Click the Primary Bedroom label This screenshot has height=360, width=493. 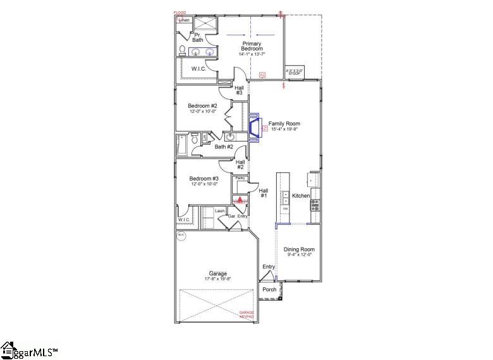point(251,46)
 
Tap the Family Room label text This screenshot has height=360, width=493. point(284,124)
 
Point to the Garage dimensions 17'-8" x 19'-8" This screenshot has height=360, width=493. point(218,279)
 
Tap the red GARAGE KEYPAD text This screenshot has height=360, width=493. point(246,314)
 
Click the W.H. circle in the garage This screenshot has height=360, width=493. point(181,236)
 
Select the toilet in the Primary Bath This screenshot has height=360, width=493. point(182,52)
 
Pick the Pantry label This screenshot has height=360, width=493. point(240,179)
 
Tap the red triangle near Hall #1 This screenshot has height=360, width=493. point(240,200)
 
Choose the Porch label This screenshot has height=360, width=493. point(270,290)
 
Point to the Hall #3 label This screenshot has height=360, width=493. point(239,90)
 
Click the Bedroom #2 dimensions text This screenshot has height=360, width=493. point(203,111)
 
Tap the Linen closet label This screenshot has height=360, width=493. point(185,20)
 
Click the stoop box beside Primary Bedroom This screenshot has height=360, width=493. point(295,72)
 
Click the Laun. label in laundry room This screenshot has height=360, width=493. point(219,210)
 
